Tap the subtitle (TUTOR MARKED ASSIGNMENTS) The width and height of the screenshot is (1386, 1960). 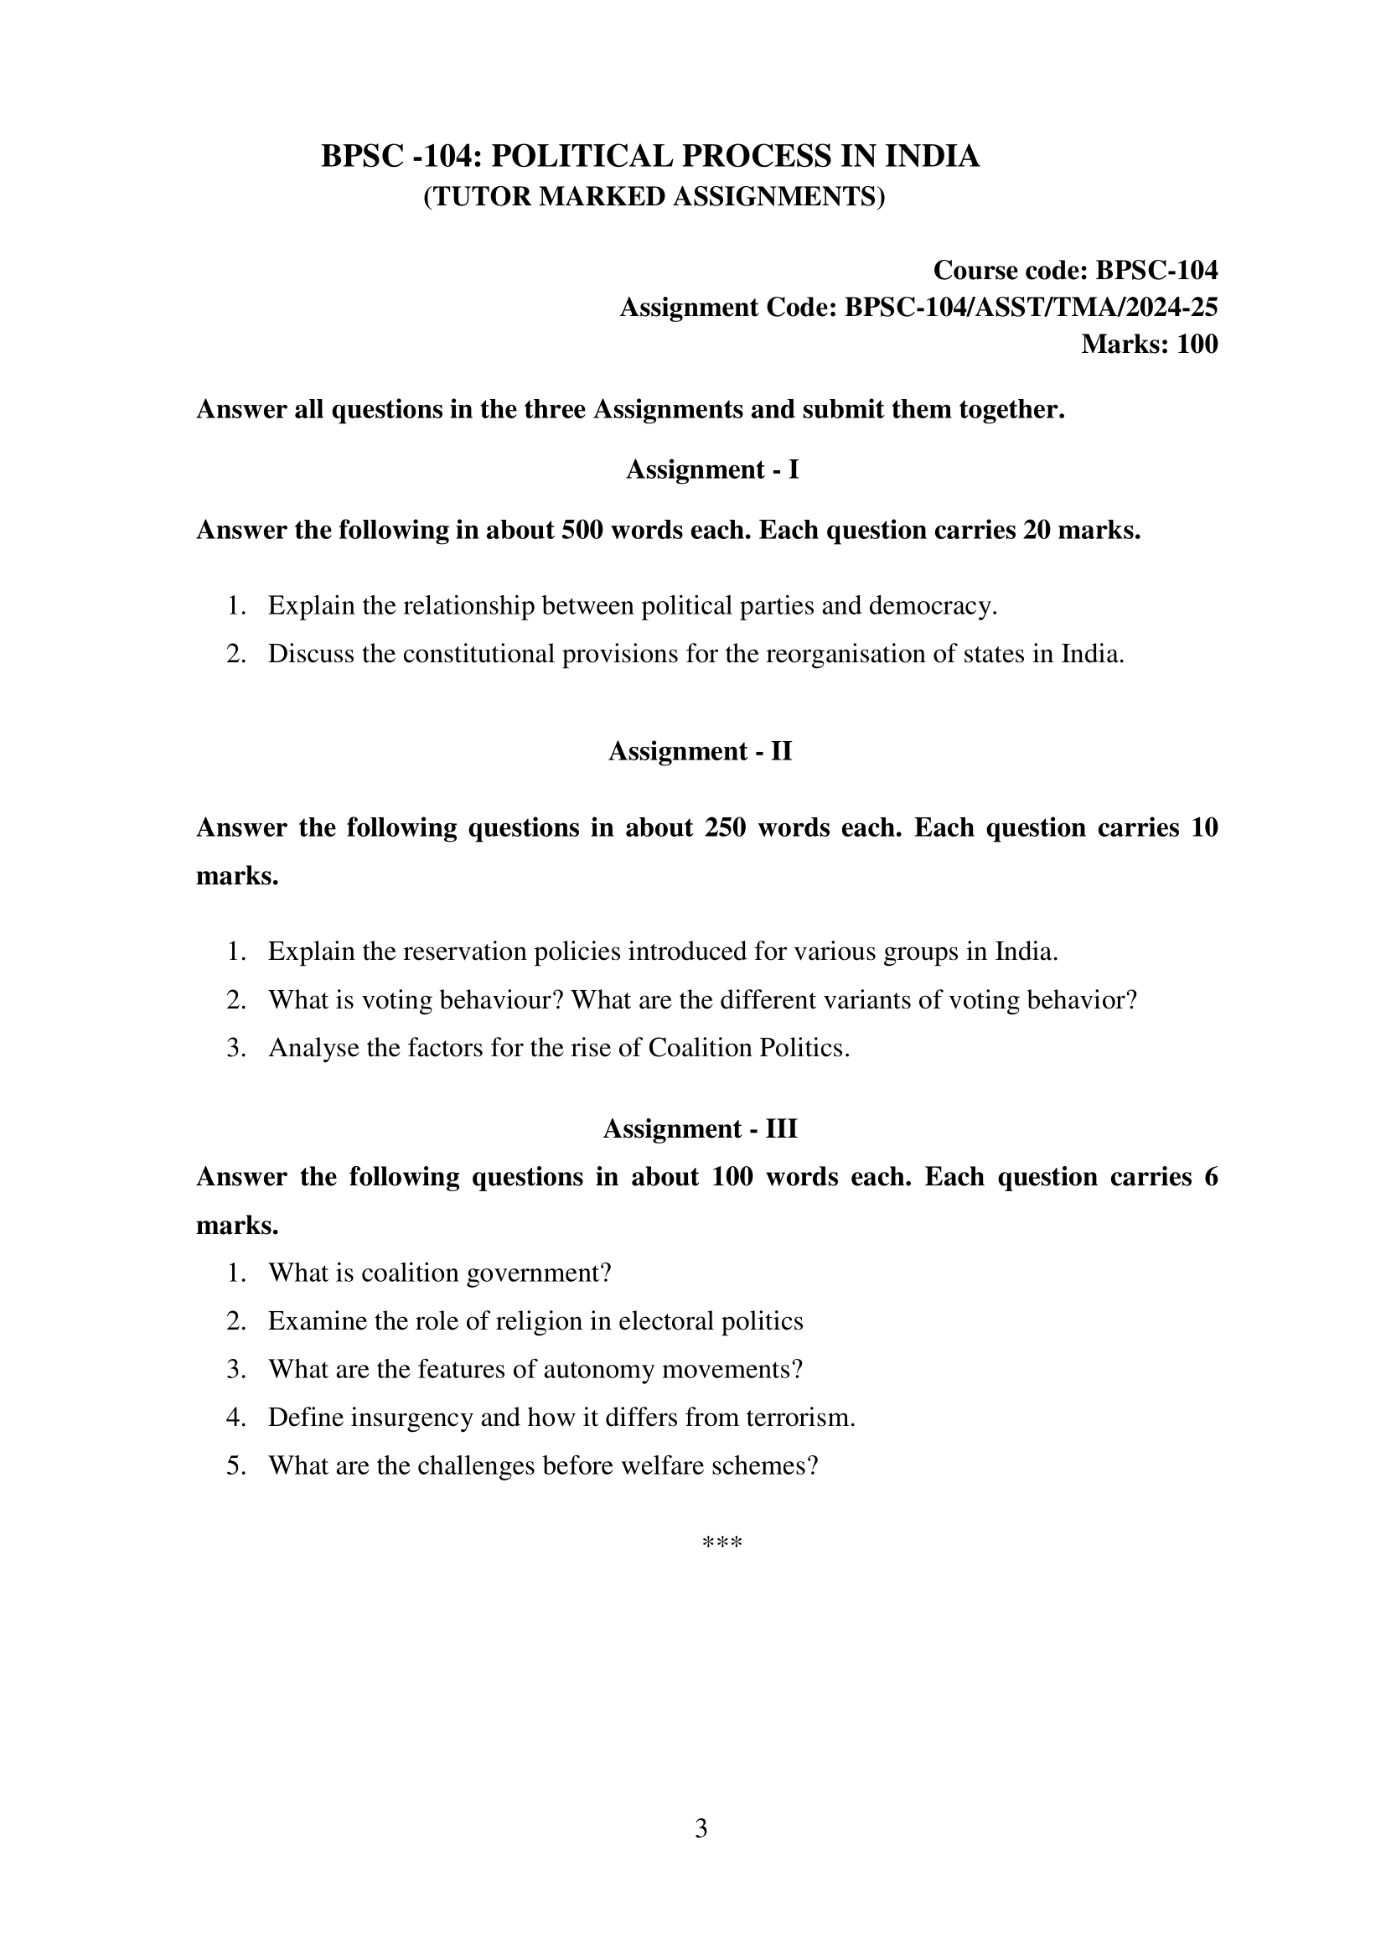click(654, 196)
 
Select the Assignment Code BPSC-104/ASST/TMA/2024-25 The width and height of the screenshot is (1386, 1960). click(1030, 307)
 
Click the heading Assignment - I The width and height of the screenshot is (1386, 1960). click(711, 469)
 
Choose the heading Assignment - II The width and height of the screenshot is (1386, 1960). click(700, 751)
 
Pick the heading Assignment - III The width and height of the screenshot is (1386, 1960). click(700, 1128)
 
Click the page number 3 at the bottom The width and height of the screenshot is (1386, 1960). click(701, 1828)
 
